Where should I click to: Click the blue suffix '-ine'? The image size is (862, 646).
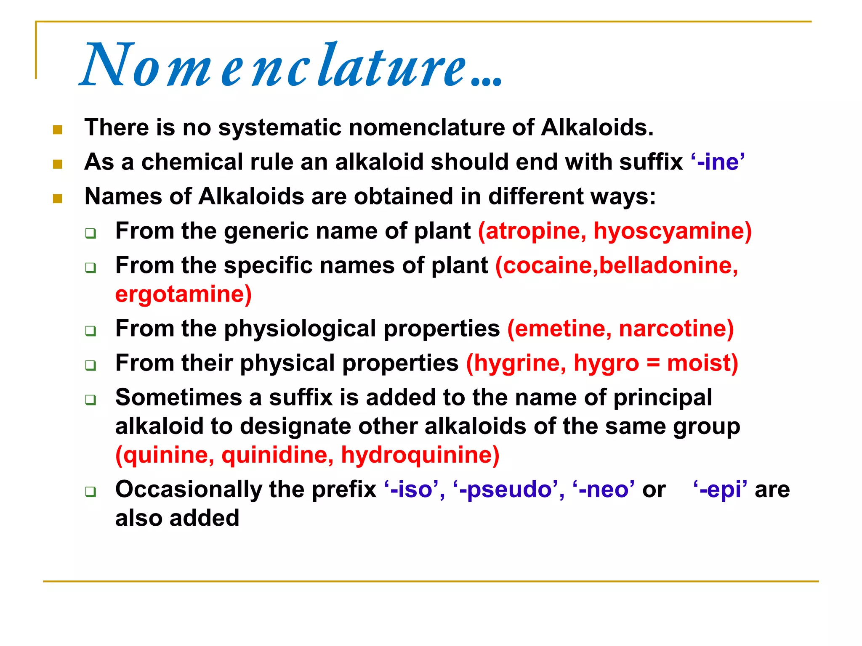(x=718, y=162)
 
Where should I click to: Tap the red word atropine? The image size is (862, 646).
(x=533, y=231)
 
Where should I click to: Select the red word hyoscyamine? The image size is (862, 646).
(x=669, y=231)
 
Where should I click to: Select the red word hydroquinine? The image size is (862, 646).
(x=419, y=455)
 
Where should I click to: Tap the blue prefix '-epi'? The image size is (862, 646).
(x=720, y=490)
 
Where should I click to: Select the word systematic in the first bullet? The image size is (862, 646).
(x=279, y=127)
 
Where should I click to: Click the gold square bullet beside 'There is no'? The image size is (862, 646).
(x=58, y=130)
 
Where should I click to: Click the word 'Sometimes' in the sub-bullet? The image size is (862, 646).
(x=178, y=397)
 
